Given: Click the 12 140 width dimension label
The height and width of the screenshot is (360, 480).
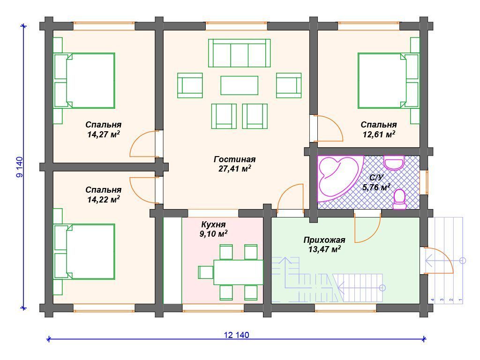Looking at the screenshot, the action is pyautogui.click(x=236, y=335).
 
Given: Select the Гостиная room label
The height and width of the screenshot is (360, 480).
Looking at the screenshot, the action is pyautogui.click(x=234, y=159).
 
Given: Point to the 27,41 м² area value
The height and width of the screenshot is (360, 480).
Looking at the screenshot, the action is pyautogui.click(x=235, y=169).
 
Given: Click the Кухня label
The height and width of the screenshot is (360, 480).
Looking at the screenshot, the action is pyautogui.click(x=213, y=225).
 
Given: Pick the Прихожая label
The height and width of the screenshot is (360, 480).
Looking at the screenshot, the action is pyautogui.click(x=324, y=240).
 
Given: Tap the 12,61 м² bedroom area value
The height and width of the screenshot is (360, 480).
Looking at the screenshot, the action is pyautogui.click(x=379, y=134).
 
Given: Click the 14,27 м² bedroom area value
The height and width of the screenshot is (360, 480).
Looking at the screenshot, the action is pyautogui.click(x=104, y=134).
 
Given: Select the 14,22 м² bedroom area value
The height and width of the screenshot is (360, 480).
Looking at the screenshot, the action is pyautogui.click(x=104, y=199).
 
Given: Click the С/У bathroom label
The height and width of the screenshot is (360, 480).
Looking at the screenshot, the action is pyautogui.click(x=376, y=178).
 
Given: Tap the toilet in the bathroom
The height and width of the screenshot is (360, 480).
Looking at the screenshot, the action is pyautogui.click(x=399, y=199).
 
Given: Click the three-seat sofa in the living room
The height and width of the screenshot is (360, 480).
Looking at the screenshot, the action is pyautogui.click(x=239, y=53).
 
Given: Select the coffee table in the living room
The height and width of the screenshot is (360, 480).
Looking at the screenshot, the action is pyautogui.click(x=239, y=85).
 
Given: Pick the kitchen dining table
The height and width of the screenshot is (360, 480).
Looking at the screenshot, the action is pyautogui.click(x=238, y=272).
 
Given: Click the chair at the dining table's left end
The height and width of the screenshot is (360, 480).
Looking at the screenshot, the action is pyautogui.click(x=206, y=272).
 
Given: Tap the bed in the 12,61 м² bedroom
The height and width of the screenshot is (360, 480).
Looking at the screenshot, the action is pyautogui.click(x=388, y=81).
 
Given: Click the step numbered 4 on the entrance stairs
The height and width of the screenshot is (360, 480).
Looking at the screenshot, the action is pyautogui.click(x=433, y=300).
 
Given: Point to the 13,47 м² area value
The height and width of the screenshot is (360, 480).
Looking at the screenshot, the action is pyautogui.click(x=324, y=249).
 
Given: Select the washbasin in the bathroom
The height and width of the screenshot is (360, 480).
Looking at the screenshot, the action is pyautogui.click(x=394, y=163).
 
